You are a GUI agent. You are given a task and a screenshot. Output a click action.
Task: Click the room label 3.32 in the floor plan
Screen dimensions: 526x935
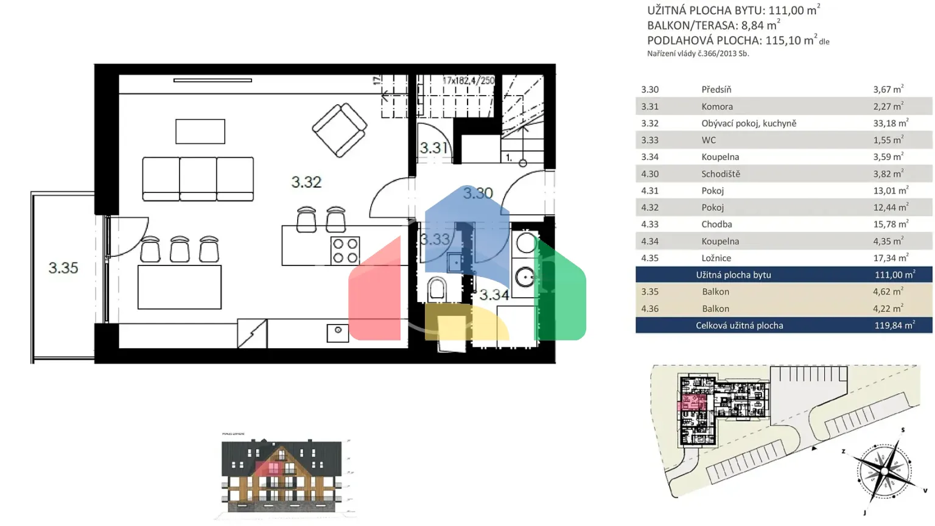point(306,182)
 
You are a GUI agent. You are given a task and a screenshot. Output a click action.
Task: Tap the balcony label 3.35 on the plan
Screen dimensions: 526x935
point(63,268)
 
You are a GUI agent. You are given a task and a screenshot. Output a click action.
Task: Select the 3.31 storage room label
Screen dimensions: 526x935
point(433,148)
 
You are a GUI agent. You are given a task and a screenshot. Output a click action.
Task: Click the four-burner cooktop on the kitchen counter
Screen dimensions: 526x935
point(345,251)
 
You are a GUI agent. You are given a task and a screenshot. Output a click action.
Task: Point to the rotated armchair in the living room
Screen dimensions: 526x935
point(339,130)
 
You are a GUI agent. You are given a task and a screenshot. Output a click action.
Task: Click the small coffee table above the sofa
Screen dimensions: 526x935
point(200,131)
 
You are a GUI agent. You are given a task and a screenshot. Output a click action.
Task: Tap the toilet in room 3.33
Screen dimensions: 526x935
point(436,290)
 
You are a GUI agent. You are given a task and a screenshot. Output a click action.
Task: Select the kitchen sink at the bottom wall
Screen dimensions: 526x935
point(338,332)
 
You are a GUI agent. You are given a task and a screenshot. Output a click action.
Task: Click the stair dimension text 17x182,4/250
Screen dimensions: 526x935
point(468,80)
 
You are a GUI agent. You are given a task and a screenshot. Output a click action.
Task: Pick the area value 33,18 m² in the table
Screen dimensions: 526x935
point(890,123)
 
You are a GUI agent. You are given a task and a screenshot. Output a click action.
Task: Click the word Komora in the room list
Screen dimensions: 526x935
point(717,107)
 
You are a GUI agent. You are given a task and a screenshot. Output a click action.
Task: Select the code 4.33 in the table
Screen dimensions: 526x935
point(650,224)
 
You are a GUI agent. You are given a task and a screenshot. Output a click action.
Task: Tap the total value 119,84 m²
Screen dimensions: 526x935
point(894,325)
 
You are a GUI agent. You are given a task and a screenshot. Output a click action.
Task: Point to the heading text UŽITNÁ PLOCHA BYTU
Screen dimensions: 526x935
point(705,10)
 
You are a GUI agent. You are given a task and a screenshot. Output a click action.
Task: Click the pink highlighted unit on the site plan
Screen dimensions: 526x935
point(693,402)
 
